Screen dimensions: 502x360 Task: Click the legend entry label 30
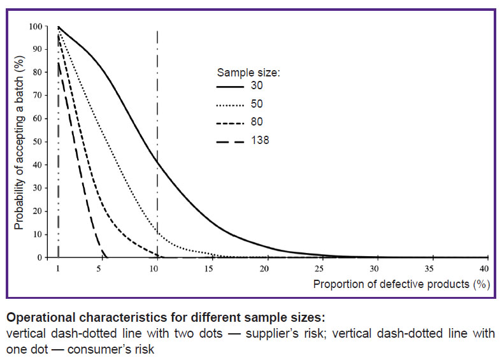257,85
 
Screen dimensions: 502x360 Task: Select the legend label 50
257,104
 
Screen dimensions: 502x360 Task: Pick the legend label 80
257,122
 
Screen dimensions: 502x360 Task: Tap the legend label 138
260,140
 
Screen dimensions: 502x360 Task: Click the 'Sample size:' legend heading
248,73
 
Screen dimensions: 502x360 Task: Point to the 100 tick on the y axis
36,27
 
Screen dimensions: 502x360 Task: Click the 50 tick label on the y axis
38,142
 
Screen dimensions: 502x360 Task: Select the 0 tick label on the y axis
39,258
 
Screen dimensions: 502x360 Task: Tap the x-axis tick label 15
209,268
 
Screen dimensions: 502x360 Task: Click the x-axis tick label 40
484,268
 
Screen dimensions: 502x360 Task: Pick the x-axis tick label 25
319,268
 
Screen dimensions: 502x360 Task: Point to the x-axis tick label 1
58,268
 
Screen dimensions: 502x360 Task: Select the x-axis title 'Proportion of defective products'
391,284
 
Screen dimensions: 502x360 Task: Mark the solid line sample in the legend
230,87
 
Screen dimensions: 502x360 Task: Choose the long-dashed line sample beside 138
230,141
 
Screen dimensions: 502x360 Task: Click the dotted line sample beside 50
230,105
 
